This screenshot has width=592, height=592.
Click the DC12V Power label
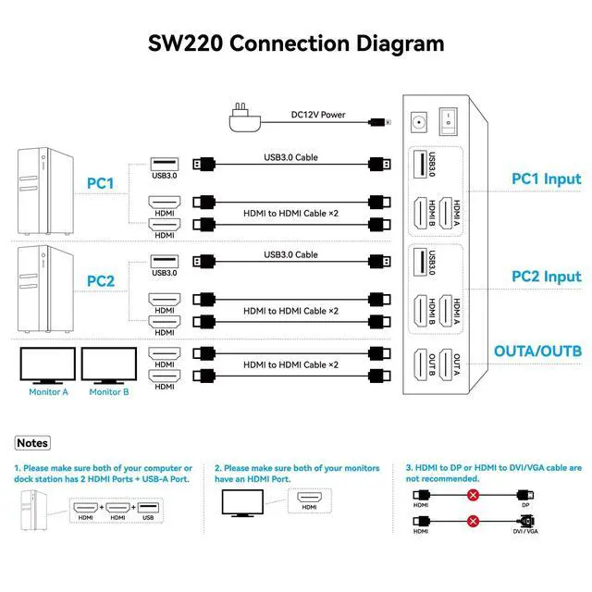[318, 115]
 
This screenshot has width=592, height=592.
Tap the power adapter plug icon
[245, 117]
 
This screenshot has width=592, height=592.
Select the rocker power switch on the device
[448, 121]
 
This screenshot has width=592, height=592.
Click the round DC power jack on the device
[419, 122]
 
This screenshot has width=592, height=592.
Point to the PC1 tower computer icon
[45, 191]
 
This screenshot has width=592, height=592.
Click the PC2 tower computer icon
[45, 289]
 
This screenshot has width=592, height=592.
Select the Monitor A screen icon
[47, 365]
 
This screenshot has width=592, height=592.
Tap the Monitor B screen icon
[109, 365]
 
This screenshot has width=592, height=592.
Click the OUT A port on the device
[446, 364]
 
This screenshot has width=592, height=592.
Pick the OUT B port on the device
[421, 364]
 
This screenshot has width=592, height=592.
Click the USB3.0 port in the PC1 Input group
[420, 164]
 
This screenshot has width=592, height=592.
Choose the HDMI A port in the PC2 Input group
[446, 311]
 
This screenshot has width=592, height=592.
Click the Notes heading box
[32, 443]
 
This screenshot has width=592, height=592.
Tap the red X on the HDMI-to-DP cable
[473, 495]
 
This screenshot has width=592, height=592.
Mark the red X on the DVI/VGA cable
[473, 522]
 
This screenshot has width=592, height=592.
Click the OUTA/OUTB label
[537, 351]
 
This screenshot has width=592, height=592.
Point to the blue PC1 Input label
[547, 179]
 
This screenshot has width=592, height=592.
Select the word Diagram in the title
[401, 44]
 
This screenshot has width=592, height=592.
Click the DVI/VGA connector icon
[526, 521]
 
